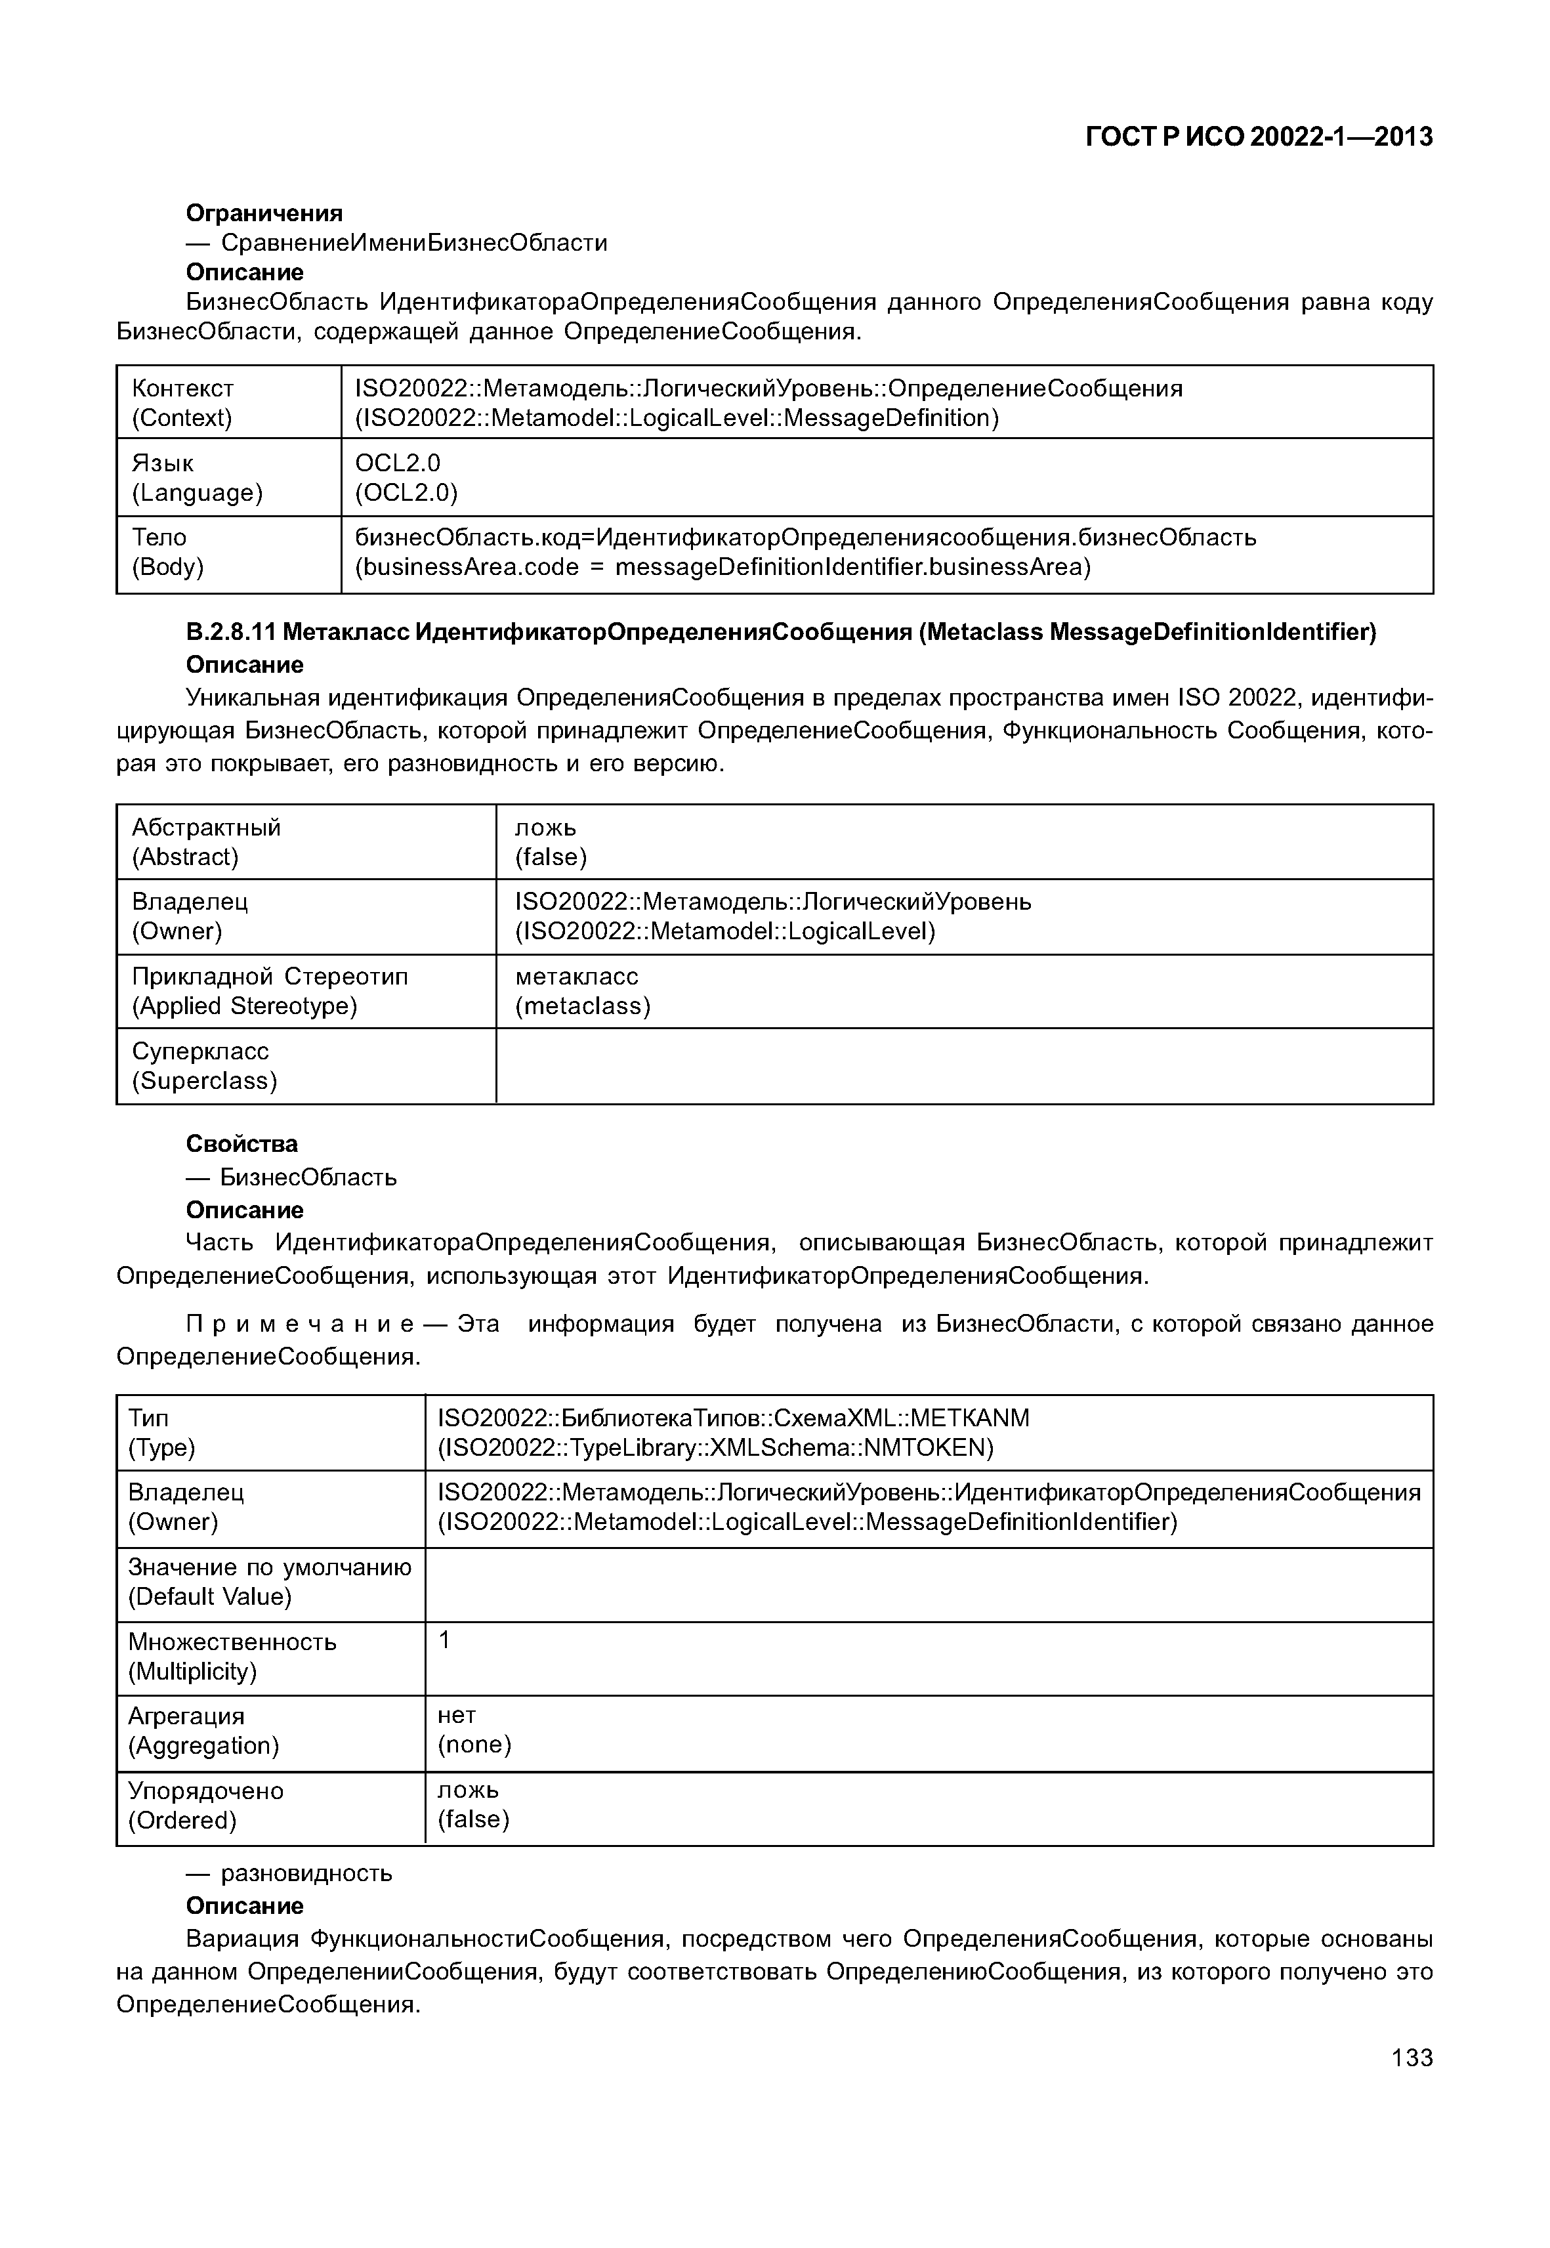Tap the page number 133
click(x=1411, y=2056)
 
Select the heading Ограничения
click(x=264, y=213)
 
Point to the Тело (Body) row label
click(x=167, y=552)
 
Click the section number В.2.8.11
click(x=229, y=633)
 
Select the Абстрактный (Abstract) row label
click(x=206, y=841)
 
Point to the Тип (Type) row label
click(x=161, y=1432)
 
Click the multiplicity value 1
click(x=444, y=1641)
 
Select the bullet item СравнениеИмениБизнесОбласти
click(x=413, y=243)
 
